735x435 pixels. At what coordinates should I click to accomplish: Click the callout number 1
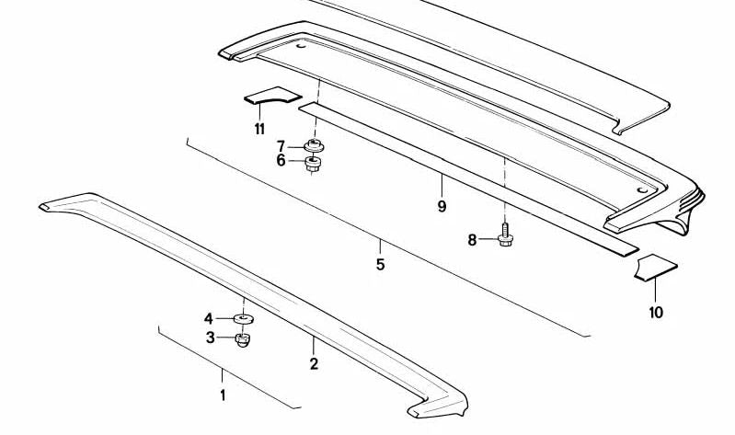coord(222,395)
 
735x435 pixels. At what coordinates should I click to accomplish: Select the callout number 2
coord(314,364)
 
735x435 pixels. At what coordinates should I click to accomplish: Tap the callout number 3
coord(210,338)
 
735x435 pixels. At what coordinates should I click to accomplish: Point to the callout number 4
coord(209,318)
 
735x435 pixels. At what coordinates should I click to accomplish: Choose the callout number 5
coord(380,266)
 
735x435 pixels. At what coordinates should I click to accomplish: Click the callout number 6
coord(281,160)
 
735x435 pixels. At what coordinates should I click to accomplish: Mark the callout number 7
coord(281,145)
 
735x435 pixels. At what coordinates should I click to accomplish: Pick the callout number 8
coord(472,240)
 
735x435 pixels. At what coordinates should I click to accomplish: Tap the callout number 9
coord(442,207)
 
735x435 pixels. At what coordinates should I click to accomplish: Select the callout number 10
coord(655,312)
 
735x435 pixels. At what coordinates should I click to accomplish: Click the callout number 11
coord(259,128)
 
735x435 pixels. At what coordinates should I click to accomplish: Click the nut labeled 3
coord(243,340)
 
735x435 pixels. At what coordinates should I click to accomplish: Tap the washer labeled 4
coord(244,319)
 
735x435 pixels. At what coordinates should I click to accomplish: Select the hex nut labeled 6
coord(313,165)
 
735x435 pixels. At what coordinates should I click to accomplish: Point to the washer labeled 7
coord(316,146)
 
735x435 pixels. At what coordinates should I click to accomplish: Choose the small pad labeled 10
coord(657,267)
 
